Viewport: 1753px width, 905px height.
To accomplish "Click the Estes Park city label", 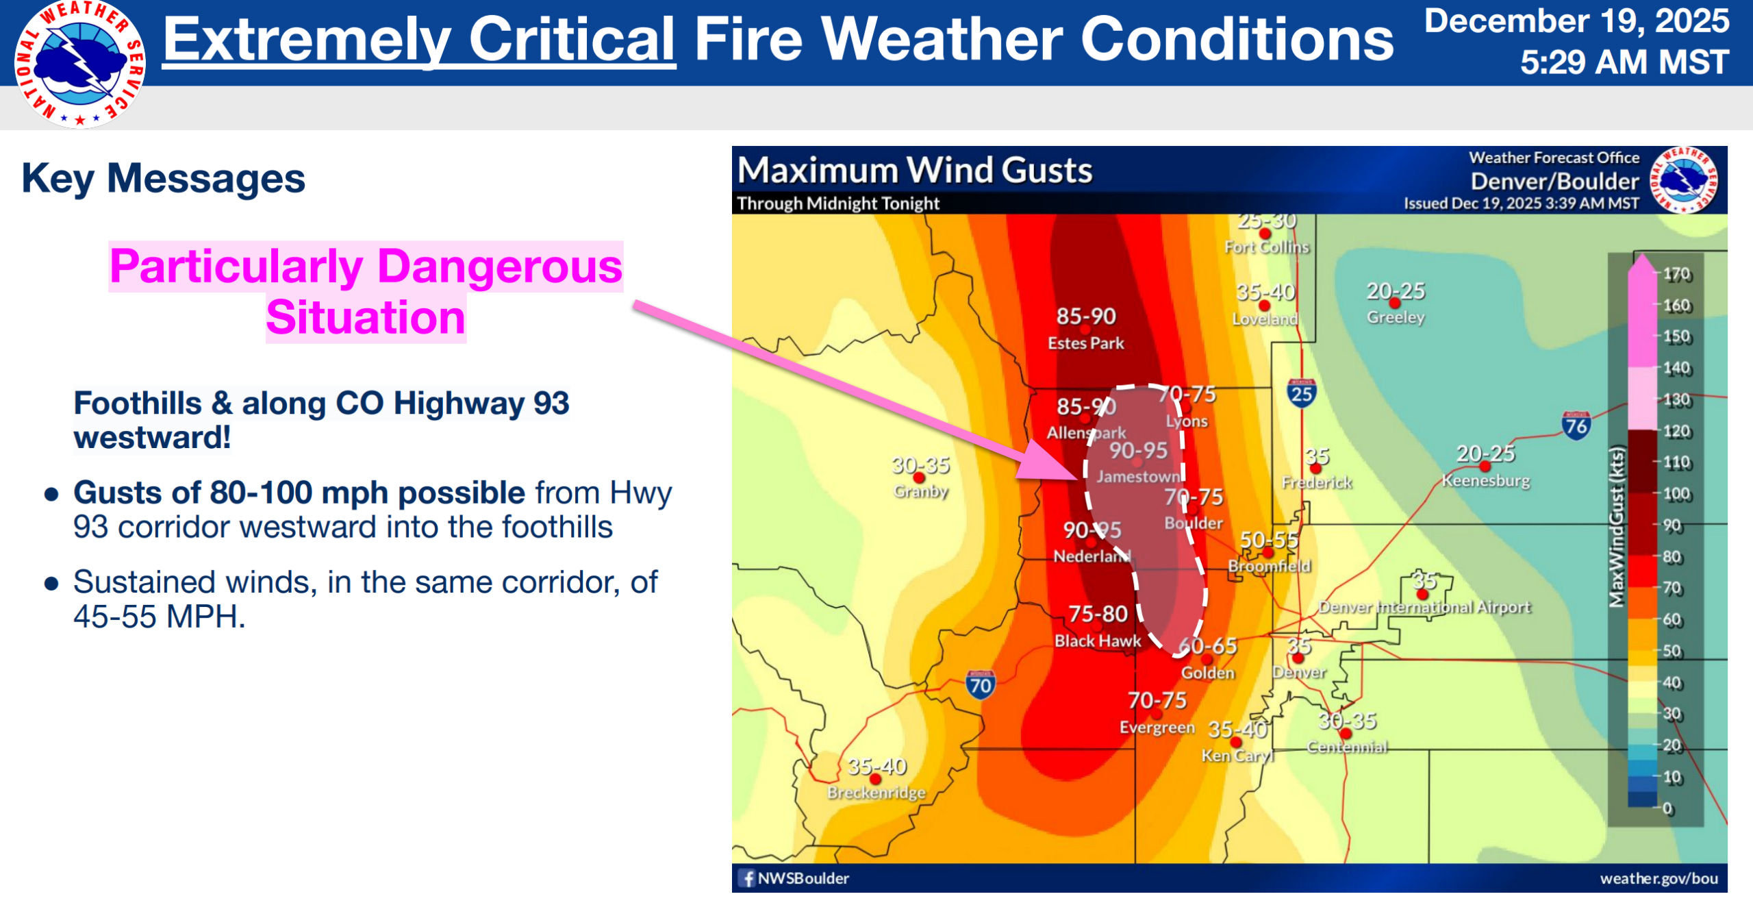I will pyautogui.click(x=1085, y=343).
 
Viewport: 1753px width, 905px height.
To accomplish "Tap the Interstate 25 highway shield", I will pyautogui.click(x=1301, y=393).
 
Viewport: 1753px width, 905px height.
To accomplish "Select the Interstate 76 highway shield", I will pyautogui.click(x=1576, y=425).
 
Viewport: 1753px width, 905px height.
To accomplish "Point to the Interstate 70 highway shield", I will pyautogui.click(x=980, y=684).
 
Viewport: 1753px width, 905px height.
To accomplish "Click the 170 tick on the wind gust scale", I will pyautogui.click(x=1677, y=274).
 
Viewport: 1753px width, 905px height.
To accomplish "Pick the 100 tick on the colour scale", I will pyautogui.click(x=1677, y=494).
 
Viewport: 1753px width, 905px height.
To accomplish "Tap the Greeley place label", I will pyautogui.click(x=1396, y=317).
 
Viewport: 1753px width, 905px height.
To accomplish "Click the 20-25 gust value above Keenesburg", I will pyautogui.click(x=1485, y=454).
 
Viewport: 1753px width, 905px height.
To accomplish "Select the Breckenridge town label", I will pyautogui.click(x=876, y=793).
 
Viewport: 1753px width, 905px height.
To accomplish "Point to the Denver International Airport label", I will pyautogui.click(x=1424, y=608).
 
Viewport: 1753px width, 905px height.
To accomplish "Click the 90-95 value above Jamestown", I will pyautogui.click(x=1138, y=450).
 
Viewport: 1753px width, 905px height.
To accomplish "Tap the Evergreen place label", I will pyautogui.click(x=1157, y=727).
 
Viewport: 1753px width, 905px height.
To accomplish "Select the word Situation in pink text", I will pyautogui.click(x=366, y=318).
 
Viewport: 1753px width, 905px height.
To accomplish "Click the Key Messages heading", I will pyautogui.click(x=164, y=178).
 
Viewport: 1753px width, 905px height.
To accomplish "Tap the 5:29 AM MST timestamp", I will pyautogui.click(x=1624, y=62).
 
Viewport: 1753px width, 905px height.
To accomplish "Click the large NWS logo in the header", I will pyautogui.click(x=79, y=64).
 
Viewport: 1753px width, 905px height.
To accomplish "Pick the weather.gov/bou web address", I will pyautogui.click(x=1659, y=878).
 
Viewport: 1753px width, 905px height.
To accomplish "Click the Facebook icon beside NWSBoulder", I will pyautogui.click(x=747, y=878).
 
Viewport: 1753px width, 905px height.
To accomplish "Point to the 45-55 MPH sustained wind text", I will pyautogui.click(x=159, y=617).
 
